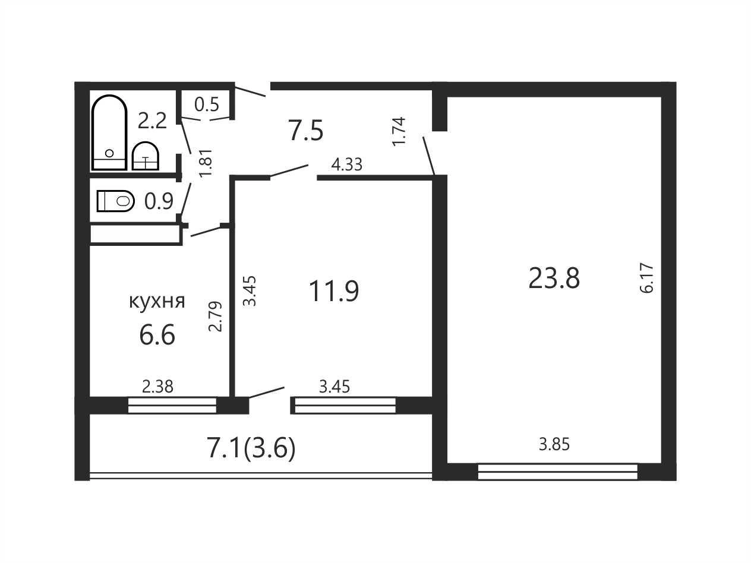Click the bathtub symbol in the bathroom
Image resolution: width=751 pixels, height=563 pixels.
[x=109, y=132]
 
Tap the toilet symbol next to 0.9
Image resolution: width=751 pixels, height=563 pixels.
[x=115, y=201]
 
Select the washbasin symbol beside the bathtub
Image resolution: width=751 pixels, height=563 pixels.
[x=146, y=156]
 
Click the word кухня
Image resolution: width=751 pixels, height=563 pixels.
[x=157, y=302]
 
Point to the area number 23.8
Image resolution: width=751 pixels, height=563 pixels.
[x=554, y=279]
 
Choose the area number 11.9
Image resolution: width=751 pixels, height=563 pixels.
[x=333, y=291]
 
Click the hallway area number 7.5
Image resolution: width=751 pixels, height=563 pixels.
[x=305, y=130]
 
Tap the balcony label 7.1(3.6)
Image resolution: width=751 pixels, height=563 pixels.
[x=251, y=449]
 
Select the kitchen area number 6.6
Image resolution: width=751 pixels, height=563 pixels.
[x=157, y=335]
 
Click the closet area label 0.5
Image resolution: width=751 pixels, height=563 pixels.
[x=207, y=105]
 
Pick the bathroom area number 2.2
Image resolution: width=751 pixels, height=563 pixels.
[x=152, y=121]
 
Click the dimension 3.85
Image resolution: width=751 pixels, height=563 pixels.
[x=554, y=445]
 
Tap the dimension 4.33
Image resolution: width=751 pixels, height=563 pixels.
[x=346, y=165]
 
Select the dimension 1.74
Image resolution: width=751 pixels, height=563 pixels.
[x=399, y=132]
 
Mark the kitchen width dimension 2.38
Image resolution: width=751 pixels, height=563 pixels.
[x=157, y=387]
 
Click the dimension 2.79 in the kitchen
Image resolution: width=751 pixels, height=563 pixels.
[x=215, y=317]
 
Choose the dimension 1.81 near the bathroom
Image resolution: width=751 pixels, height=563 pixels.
[x=206, y=163]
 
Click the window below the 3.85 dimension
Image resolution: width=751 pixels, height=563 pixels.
[x=557, y=472]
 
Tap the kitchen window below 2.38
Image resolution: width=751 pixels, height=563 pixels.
[x=172, y=405]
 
